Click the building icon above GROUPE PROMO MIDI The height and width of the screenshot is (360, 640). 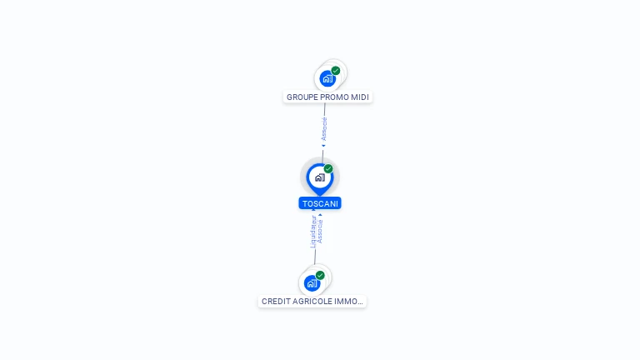(327, 78)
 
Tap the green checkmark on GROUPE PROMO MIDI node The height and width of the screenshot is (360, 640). (336, 71)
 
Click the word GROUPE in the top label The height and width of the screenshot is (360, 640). (300, 97)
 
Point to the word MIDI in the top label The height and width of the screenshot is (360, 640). (360, 97)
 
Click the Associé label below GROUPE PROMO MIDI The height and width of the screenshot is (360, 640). (324, 129)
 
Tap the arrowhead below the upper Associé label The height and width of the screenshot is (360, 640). (323, 146)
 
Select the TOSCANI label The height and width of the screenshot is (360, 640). (320, 203)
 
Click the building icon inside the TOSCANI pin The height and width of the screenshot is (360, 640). (320, 177)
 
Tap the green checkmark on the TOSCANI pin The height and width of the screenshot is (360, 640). (328, 168)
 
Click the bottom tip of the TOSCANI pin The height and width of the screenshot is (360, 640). (320, 196)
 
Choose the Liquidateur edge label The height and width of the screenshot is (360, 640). (313, 232)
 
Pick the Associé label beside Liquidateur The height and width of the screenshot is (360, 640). (320, 232)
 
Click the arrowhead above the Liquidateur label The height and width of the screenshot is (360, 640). (313, 210)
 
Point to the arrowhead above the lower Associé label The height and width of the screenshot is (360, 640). (320, 215)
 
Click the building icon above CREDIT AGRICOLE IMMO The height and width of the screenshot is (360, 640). (312, 283)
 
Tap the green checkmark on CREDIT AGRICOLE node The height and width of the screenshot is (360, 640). (320, 275)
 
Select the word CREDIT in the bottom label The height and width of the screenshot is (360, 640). (274, 301)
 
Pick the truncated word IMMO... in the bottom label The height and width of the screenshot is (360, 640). (348, 301)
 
